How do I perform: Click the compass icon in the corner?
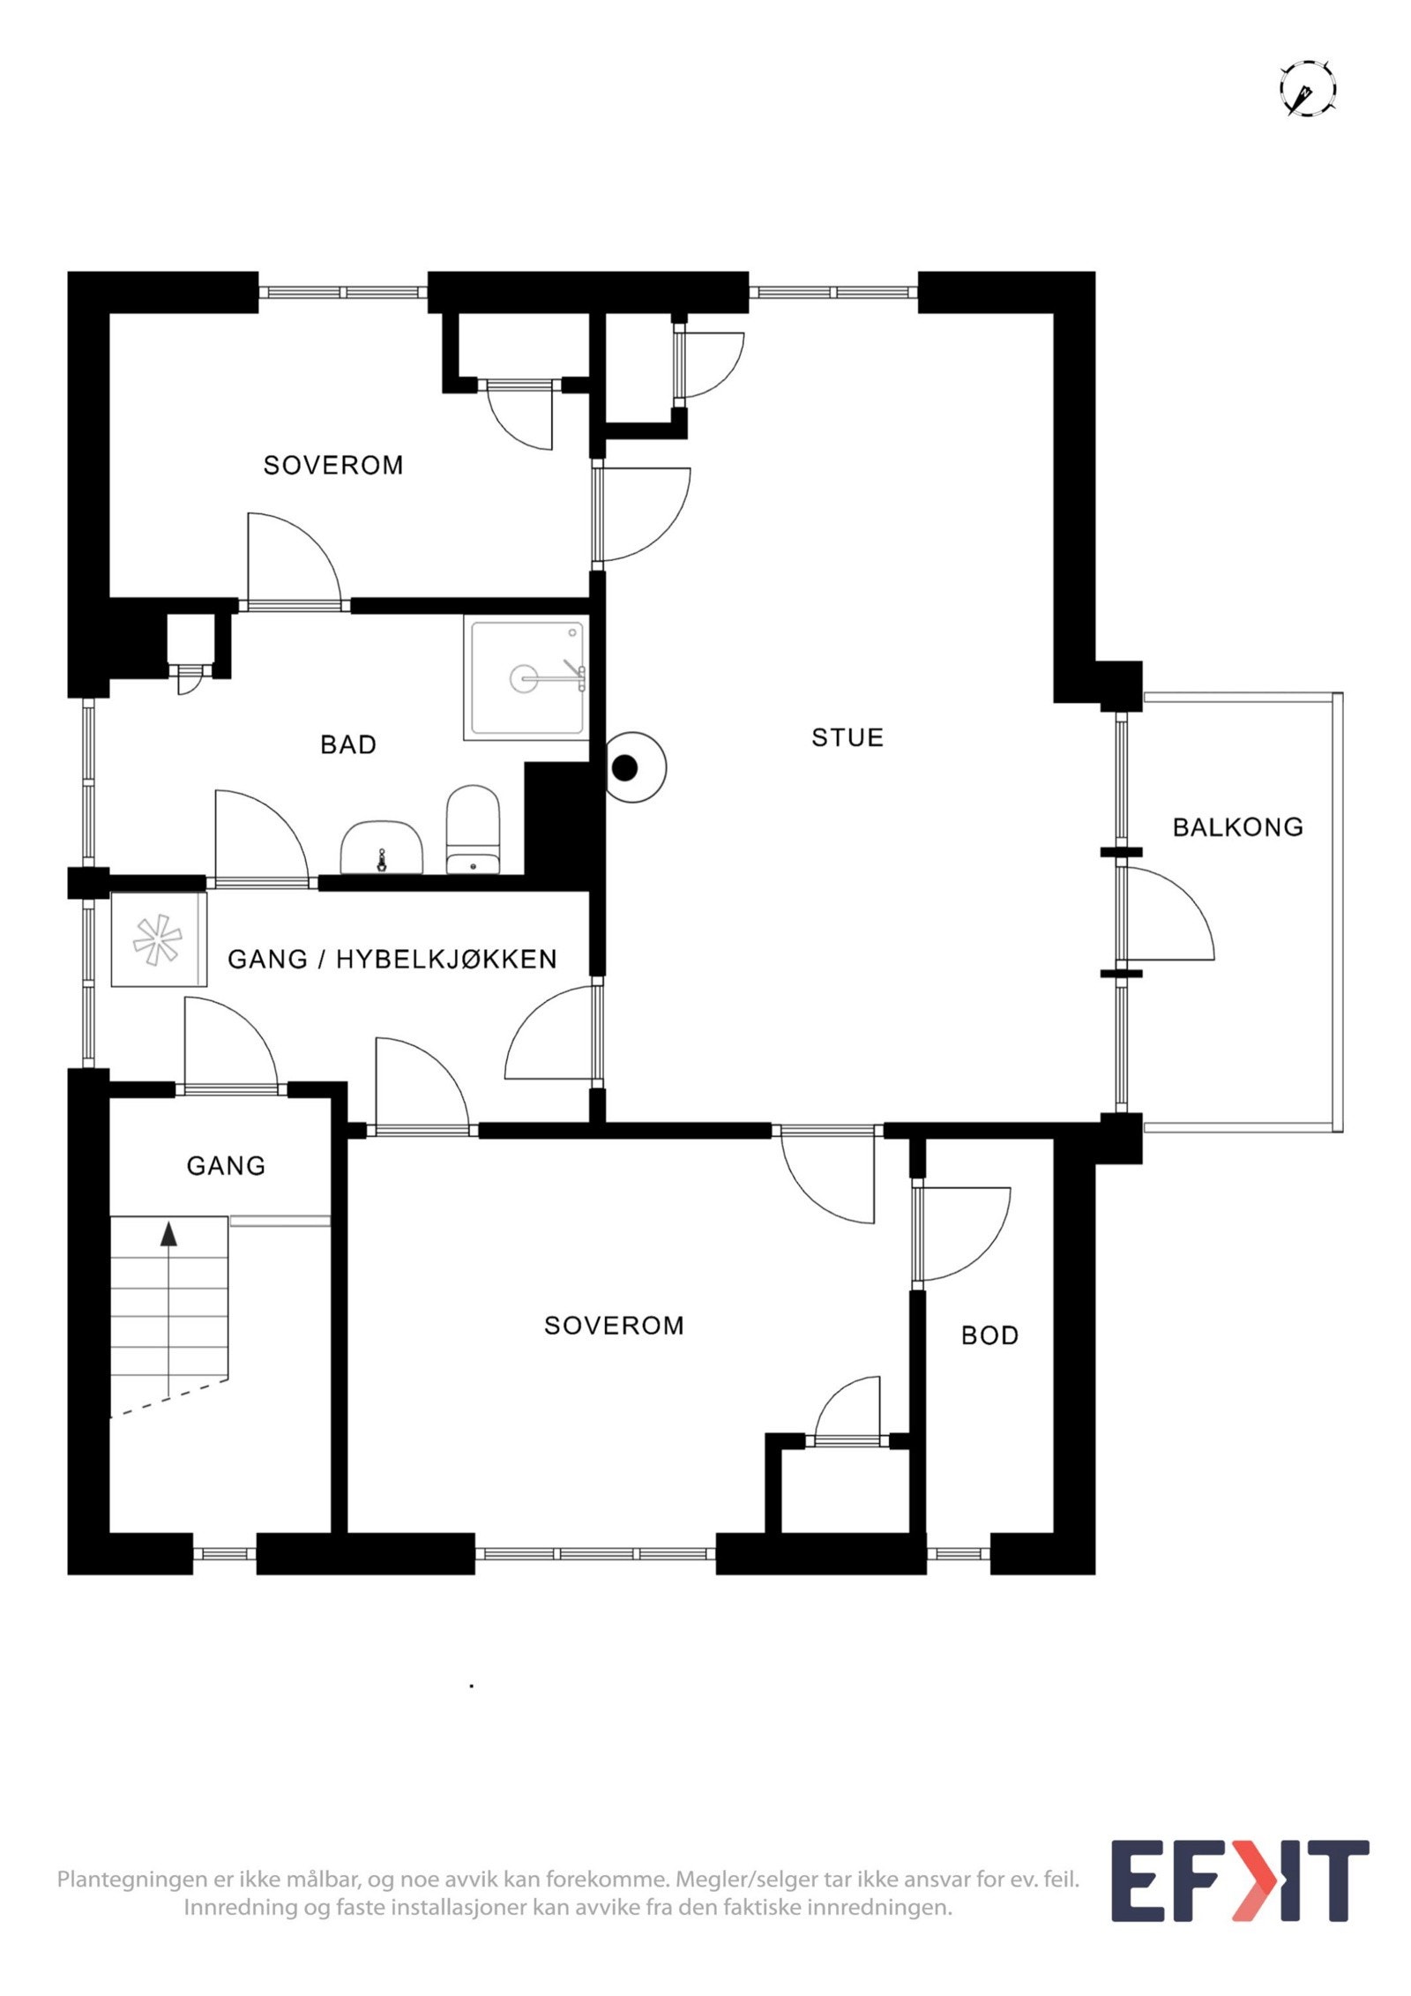[x=1308, y=89]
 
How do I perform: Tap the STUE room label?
[x=847, y=737]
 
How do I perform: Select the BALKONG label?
[x=1237, y=827]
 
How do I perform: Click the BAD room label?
[x=348, y=744]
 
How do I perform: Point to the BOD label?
[x=989, y=1335]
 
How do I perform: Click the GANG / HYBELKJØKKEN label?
[x=392, y=959]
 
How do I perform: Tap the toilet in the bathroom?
[x=474, y=829]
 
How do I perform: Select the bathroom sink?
[x=382, y=848]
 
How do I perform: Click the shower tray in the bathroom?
[x=526, y=677]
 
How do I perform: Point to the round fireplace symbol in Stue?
[x=631, y=767]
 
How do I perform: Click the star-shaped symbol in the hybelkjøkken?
[x=158, y=939]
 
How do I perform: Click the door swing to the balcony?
[x=1164, y=914]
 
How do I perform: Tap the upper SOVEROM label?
[x=333, y=465]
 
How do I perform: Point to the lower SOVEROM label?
[x=614, y=1326]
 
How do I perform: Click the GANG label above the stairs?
[x=226, y=1166]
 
